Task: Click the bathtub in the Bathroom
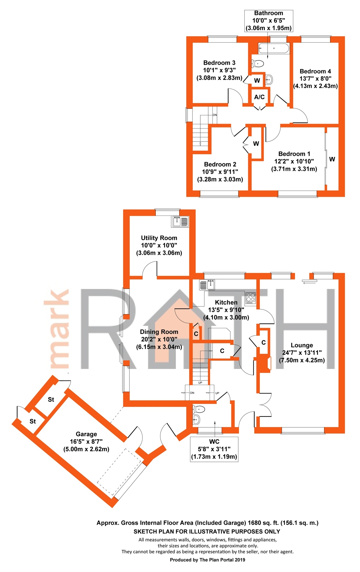pos(274,48)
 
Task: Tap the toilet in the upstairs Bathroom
pos(258,64)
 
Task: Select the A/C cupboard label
pos(259,97)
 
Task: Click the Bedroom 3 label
pos(219,63)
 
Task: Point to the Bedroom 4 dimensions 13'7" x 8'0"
pos(315,79)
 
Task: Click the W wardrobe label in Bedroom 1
pos(332,159)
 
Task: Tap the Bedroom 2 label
pos(220,164)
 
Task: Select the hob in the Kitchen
pos(251,298)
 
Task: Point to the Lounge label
pos(302,345)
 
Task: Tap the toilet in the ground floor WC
pos(199,409)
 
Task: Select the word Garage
pos(86,434)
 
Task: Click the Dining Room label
pos(159,332)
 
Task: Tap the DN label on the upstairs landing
pos(215,115)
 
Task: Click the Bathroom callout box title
pos(268,13)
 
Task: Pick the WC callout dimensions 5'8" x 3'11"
pos(214,449)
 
